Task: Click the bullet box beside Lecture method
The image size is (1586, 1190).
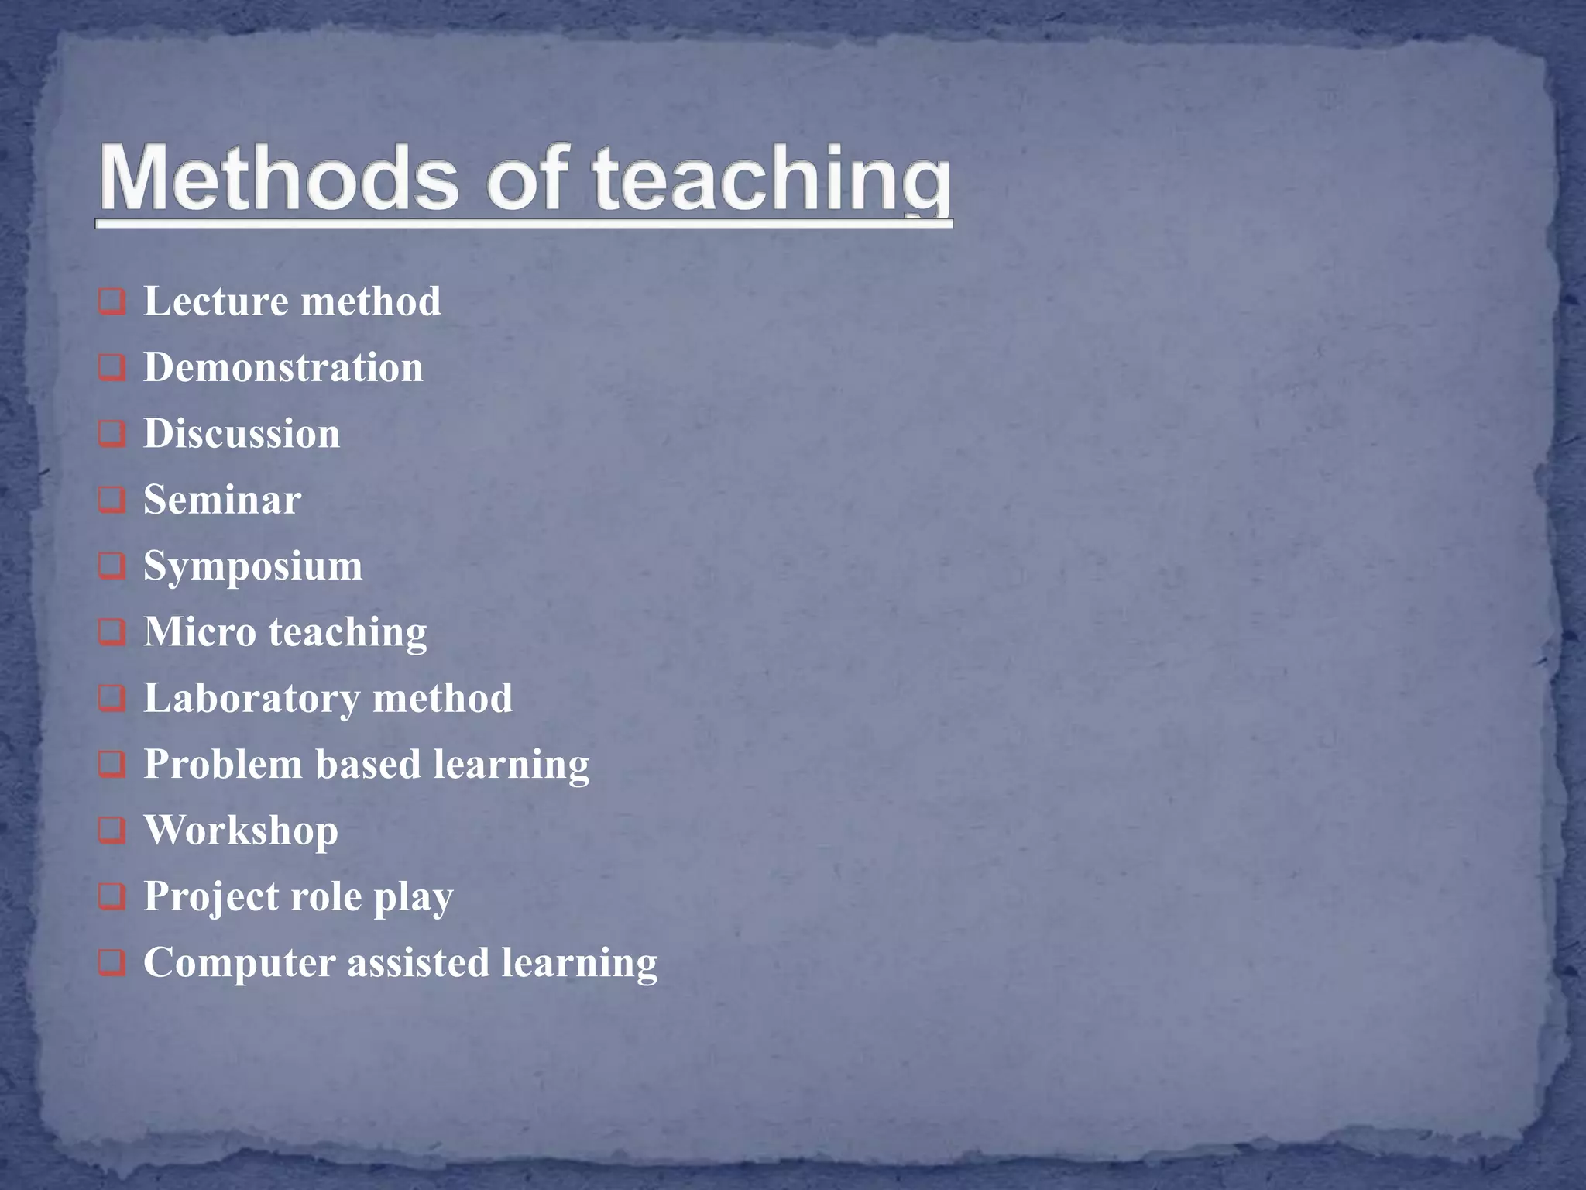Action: click(112, 301)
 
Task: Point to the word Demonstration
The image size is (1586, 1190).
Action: click(283, 367)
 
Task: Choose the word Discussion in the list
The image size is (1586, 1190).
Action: click(242, 433)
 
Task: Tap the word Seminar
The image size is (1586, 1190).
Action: click(222, 500)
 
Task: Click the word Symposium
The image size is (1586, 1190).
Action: click(252, 566)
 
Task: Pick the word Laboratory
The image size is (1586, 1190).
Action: click(252, 698)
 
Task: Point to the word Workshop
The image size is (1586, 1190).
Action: click(241, 831)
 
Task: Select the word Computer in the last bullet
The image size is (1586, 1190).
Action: click(239, 963)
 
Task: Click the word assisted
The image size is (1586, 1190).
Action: click(418, 963)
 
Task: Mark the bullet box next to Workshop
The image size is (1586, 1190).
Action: click(112, 831)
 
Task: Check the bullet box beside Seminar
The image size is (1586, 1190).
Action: click(112, 500)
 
